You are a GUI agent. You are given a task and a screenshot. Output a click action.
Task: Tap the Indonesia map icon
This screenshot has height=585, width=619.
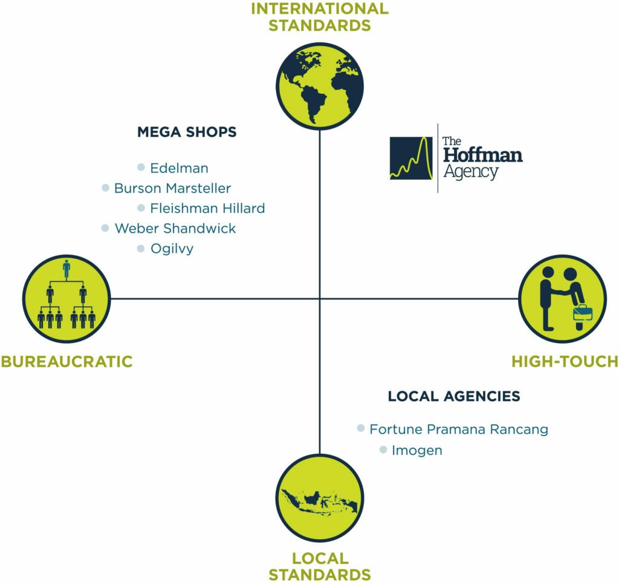319,497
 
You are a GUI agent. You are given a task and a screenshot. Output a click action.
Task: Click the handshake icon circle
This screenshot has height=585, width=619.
563,298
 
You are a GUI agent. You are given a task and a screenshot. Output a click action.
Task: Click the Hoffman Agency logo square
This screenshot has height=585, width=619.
411,159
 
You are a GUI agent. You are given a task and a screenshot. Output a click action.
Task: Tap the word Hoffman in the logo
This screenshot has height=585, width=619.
482,155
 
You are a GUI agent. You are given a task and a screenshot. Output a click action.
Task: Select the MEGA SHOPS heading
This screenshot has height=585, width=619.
187,132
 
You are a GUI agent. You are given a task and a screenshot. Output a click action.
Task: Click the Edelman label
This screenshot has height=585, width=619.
179,168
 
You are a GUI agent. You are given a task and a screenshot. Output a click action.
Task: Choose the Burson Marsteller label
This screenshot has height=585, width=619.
172,188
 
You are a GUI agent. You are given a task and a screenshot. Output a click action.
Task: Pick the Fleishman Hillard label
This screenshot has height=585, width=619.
207,208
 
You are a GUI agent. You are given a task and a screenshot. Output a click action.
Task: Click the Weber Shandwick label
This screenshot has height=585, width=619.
175,229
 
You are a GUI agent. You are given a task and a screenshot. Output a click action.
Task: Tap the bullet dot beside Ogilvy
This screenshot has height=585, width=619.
141,248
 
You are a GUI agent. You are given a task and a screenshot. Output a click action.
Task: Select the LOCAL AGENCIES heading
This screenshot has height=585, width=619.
454,396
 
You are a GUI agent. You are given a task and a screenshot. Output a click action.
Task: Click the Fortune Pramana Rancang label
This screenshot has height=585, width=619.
459,429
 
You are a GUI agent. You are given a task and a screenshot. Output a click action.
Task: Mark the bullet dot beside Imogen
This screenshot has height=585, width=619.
383,449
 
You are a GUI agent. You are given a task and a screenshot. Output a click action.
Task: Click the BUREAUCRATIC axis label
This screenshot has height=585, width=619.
66,362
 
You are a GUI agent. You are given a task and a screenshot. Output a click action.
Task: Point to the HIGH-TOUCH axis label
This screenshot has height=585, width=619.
565,362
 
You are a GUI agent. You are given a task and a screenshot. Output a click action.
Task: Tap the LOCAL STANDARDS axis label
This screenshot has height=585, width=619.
319,566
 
